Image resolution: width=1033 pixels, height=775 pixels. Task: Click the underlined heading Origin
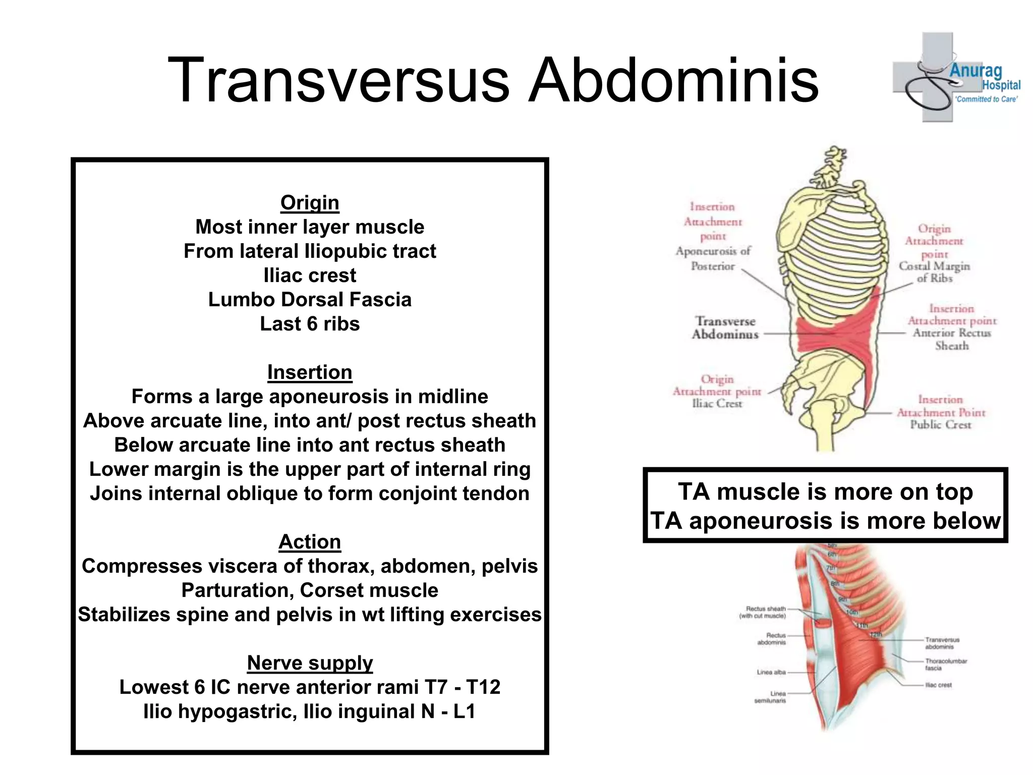[310, 203]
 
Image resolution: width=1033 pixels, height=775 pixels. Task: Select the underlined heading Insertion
[310, 372]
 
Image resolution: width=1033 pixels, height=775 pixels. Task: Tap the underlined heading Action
[310, 542]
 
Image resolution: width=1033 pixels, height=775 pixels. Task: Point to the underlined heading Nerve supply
[310, 663]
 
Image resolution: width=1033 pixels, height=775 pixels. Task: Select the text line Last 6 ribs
[310, 324]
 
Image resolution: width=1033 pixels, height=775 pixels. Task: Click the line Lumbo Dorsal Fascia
[310, 300]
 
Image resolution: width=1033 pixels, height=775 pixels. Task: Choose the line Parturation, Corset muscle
[310, 590]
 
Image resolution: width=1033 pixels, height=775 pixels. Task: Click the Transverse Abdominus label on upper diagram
[725, 328]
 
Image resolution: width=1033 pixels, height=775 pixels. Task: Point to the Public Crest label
[940, 425]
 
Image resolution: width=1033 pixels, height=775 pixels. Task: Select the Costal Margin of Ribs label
[934, 272]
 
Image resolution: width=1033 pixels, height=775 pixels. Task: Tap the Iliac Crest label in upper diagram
[717, 404]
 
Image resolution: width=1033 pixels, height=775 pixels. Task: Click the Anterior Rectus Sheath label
[952, 339]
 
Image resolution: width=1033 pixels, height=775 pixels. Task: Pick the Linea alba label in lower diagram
[771, 672]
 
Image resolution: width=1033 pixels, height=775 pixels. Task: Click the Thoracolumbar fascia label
[945, 664]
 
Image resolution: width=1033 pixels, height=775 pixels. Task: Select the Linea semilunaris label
[770, 697]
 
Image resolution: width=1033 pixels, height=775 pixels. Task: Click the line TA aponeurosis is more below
[825, 521]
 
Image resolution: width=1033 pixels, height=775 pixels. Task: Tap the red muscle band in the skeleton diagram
[837, 336]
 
